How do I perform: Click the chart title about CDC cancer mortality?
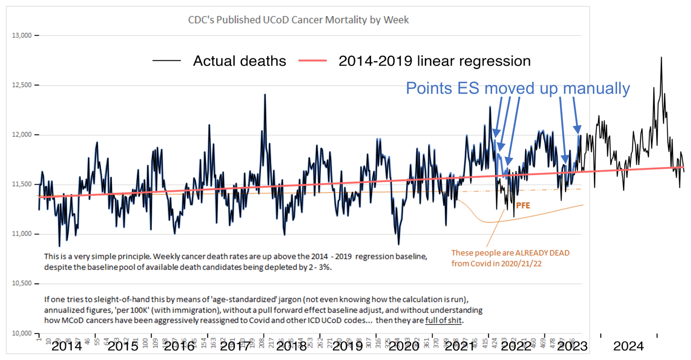click(298, 20)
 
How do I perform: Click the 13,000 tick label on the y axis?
click(22, 36)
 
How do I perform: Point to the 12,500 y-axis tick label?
click(22, 85)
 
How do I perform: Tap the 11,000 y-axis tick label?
click(22, 234)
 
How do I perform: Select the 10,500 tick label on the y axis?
click(22, 283)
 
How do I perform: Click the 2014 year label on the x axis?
click(67, 346)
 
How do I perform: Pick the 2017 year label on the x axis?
click(235, 346)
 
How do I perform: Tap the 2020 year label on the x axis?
click(404, 346)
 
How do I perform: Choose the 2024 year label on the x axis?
click(628, 346)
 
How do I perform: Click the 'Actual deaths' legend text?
click(239, 61)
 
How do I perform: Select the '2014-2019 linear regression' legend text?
click(434, 61)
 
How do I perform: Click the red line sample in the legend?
click(312, 61)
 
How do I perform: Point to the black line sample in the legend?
click(166, 61)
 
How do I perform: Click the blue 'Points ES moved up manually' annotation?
click(518, 88)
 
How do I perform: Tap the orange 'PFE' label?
click(523, 205)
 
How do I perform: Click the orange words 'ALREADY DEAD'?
click(542, 253)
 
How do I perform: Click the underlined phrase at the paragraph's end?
click(443, 320)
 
